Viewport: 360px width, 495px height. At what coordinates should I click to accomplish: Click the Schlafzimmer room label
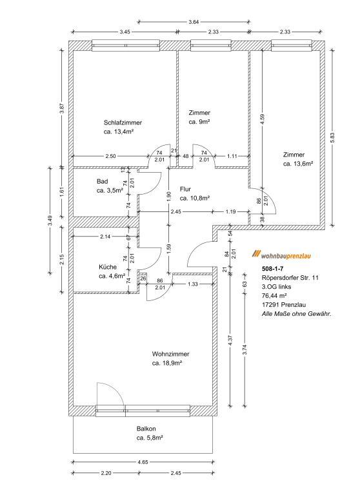click(x=123, y=123)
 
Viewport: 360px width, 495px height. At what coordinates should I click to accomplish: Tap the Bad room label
click(x=102, y=182)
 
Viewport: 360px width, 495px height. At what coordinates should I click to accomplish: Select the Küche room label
click(x=108, y=267)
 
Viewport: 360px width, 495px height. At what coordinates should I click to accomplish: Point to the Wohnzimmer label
click(x=171, y=354)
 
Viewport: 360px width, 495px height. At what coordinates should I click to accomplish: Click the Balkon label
click(x=146, y=429)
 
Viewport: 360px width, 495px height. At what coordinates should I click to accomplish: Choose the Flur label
click(x=185, y=189)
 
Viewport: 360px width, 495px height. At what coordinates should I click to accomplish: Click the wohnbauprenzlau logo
click(x=281, y=255)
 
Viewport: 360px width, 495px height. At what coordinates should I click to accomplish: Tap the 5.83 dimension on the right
click(x=337, y=137)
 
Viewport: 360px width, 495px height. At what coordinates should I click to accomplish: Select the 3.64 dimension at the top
click(x=194, y=22)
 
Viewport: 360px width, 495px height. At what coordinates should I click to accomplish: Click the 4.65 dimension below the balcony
click(x=143, y=463)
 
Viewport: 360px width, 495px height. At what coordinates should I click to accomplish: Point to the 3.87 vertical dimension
click(x=63, y=108)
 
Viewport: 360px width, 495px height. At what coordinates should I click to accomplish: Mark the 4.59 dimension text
click(x=262, y=119)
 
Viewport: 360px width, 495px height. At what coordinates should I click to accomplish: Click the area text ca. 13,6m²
click(x=298, y=164)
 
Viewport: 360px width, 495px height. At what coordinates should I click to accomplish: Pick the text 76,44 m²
click(x=274, y=296)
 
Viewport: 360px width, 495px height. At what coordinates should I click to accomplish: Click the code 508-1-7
click(x=273, y=269)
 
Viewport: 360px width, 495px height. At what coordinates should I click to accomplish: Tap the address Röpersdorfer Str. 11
click(x=290, y=278)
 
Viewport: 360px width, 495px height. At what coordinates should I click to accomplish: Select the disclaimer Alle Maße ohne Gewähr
click(x=297, y=314)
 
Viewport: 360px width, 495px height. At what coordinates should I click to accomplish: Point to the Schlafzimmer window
click(x=126, y=46)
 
